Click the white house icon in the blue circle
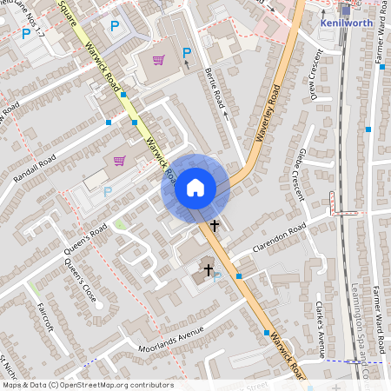click(195, 188)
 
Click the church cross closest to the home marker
click(215, 225)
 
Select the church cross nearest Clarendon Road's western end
click(208, 270)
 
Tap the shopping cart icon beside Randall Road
click(119, 161)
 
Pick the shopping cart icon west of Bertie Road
click(158, 60)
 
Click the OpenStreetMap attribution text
click(87, 384)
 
